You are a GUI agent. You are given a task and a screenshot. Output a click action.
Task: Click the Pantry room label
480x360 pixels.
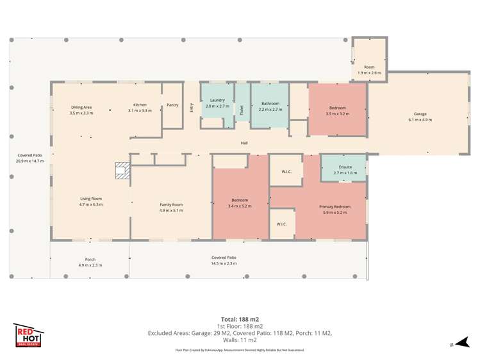coord(172,105)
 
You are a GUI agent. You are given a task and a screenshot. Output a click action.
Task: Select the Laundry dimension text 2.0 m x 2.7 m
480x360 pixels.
coord(217,106)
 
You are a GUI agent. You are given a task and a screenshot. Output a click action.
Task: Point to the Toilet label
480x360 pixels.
coord(242,109)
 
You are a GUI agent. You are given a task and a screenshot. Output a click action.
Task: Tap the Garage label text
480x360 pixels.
coord(420,114)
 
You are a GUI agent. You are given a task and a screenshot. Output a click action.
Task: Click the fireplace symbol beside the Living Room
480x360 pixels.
coord(122,170)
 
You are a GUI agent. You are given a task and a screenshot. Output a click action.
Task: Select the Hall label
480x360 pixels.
coord(244,143)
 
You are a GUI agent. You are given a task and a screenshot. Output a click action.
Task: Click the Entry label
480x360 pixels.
coord(192,108)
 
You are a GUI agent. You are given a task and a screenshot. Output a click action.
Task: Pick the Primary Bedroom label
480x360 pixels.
coord(335,206)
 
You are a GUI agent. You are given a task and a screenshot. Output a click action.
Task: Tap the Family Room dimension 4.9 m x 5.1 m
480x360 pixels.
coord(171,210)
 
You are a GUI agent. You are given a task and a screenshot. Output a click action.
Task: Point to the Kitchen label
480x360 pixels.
coord(140,105)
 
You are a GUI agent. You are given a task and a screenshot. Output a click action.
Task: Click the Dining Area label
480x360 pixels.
coord(81,107)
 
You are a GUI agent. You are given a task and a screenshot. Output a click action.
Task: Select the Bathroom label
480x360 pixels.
coord(270,103)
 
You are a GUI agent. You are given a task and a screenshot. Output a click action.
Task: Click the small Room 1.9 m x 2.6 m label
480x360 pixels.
coord(369,67)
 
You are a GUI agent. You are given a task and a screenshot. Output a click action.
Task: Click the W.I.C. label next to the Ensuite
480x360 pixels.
coord(286,172)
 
